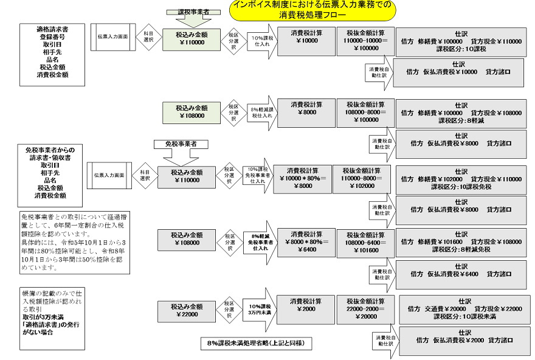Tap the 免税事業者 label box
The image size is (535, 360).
click(x=186, y=144)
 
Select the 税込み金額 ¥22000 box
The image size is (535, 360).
click(x=187, y=310)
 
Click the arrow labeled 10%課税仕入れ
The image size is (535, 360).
click(x=261, y=41)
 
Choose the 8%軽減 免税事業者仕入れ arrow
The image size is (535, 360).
click(x=260, y=241)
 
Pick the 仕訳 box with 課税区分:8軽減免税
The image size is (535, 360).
click(x=461, y=241)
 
